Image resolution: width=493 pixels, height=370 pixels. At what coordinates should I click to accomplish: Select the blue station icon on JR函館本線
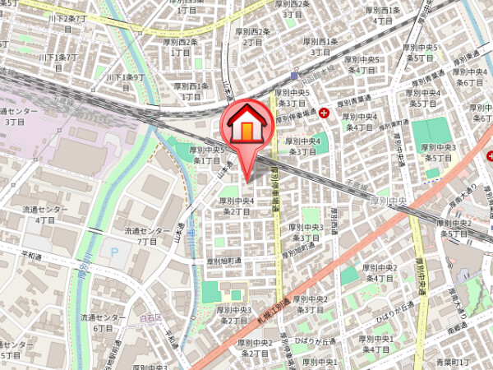tap(294, 75)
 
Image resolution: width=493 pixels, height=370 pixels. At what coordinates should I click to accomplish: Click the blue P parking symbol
tap(114, 252)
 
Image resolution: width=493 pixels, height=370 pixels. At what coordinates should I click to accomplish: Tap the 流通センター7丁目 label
tap(147, 236)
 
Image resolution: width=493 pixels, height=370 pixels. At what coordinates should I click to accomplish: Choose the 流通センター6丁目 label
tap(103, 322)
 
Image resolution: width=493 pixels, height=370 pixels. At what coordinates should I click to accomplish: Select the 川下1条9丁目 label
tap(125, 81)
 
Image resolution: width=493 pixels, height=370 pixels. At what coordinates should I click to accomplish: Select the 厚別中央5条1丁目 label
tap(207, 155)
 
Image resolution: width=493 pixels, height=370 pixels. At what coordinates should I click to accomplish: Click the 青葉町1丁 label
tap(452, 362)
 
